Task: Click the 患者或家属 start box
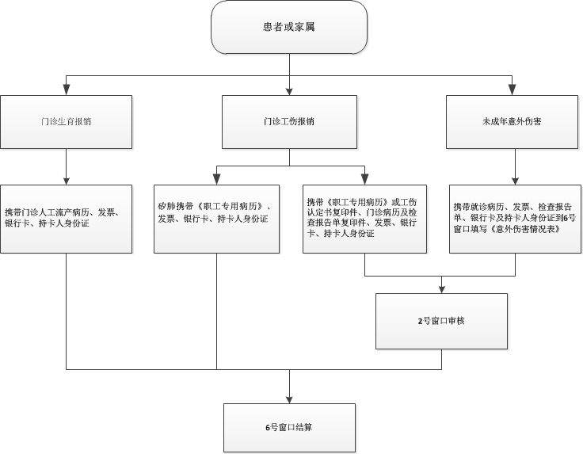click(289, 27)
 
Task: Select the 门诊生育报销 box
click(67, 122)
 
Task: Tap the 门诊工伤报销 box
click(289, 122)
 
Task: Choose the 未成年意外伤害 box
click(512, 122)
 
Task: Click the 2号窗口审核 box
click(441, 321)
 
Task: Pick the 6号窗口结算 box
click(289, 428)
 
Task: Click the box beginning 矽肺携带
click(216, 219)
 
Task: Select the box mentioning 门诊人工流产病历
click(67, 219)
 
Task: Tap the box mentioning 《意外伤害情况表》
click(515, 219)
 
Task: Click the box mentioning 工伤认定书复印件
click(364, 219)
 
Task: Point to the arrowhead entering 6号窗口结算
click(289, 399)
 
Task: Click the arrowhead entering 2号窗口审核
click(442, 290)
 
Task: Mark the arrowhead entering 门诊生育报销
click(67, 90)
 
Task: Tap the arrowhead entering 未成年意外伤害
click(512, 90)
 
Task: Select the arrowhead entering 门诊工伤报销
click(289, 92)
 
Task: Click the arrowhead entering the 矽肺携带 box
click(216, 180)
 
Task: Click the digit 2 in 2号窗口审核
click(420, 321)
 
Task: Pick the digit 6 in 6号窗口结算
click(268, 428)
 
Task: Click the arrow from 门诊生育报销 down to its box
click(67, 166)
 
